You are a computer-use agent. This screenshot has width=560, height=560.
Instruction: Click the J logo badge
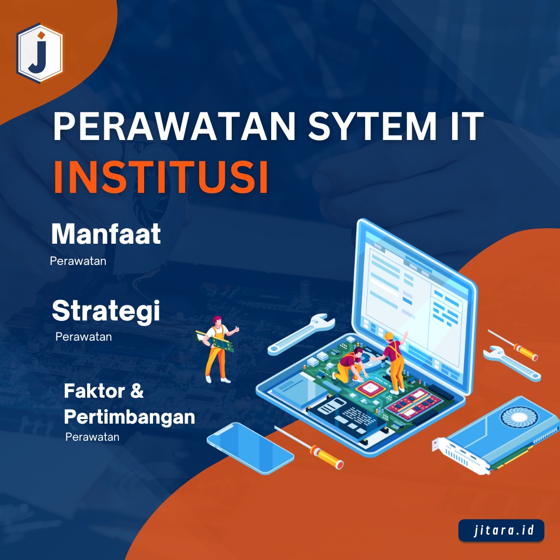tap(39, 52)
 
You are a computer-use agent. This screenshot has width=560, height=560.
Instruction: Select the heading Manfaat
tap(106, 234)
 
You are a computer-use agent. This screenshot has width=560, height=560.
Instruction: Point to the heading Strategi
tap(106, 312)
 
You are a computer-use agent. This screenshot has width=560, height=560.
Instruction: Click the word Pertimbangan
tap(129, 417)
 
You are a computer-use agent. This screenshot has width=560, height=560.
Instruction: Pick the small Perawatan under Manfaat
tap(78, 261)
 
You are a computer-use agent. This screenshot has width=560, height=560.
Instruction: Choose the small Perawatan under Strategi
tap(83, 337)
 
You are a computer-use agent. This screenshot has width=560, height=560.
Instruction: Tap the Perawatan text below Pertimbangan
tap(92, 437)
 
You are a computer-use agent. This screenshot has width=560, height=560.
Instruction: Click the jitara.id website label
tap(501, 531)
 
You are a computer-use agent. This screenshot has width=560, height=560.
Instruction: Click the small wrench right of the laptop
tap(511, 362)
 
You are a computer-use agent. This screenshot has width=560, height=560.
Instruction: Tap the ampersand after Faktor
tap(136, 391)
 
